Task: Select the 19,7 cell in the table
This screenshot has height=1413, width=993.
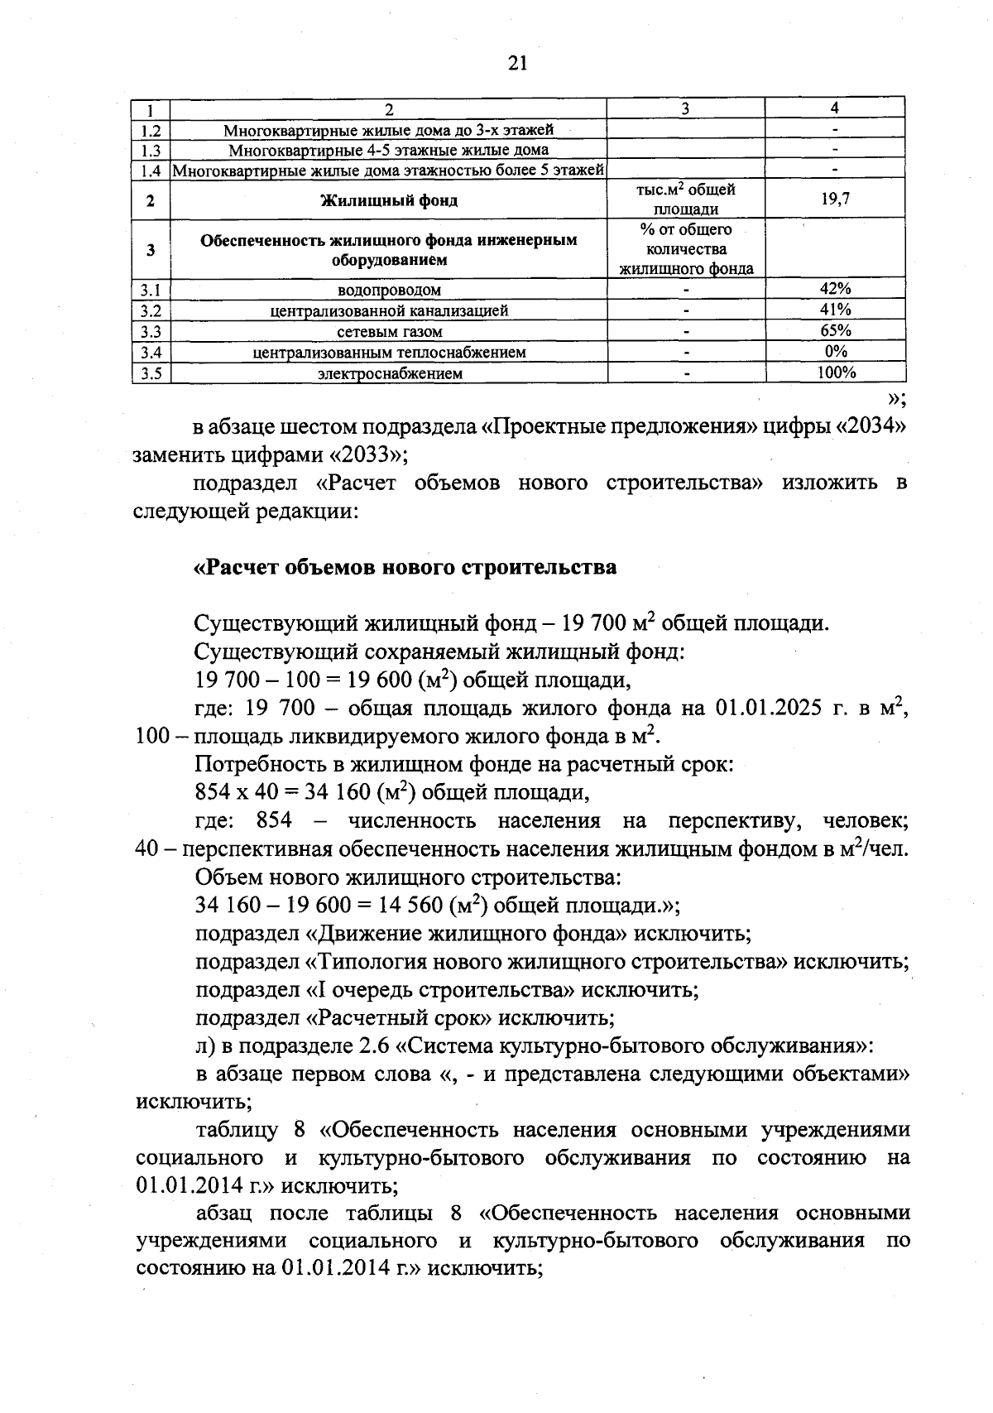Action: [x=835, y=199]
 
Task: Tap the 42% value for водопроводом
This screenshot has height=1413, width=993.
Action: [x=835, y=289]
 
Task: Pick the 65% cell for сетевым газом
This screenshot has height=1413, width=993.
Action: [x=835, y=330]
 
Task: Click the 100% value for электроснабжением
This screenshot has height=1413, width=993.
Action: [x=835, y=372]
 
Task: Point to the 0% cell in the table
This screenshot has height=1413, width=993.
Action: [x=835, y=351]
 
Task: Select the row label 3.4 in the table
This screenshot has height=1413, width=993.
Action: [x=151, y=352]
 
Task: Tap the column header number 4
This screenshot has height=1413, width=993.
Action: [x=835, y=108]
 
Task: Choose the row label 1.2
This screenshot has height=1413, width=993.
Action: [x=151, y=130]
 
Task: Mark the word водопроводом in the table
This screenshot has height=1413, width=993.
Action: [x=389, y=290]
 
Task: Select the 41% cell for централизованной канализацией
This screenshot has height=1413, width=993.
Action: [x=835, y=310]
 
